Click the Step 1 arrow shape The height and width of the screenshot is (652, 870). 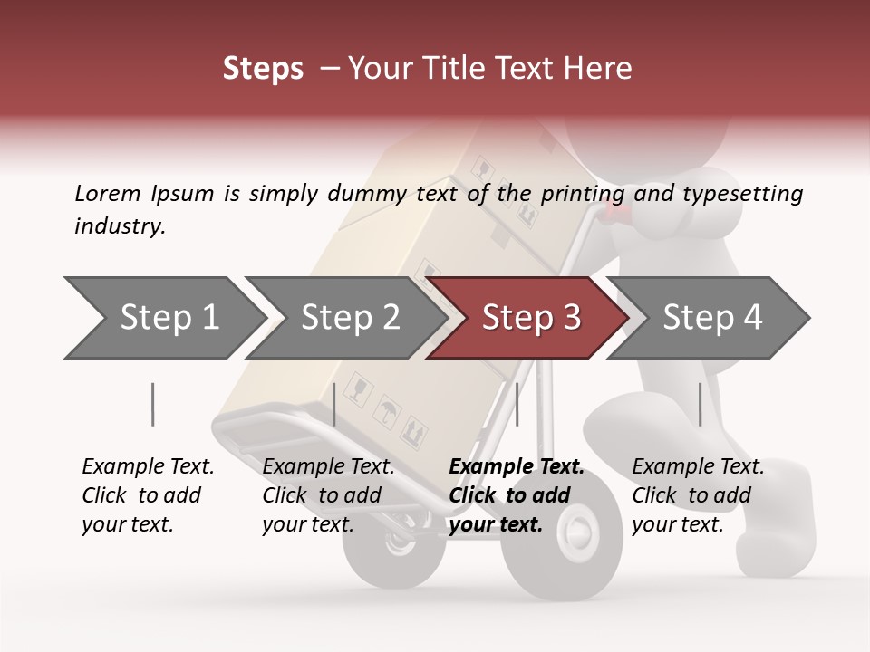(163, 318)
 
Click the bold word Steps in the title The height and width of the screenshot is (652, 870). (263, 68)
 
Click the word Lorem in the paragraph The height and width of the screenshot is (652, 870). (107, 193)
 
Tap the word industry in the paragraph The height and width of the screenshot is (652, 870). (120, 226)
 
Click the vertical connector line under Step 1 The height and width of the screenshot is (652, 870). (153, 404)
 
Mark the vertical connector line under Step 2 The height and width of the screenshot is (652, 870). (334, 404)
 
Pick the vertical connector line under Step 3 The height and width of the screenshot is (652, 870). (517, 404)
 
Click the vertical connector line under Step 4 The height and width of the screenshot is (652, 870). (700, 404)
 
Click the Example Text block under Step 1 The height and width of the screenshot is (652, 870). (148, 495)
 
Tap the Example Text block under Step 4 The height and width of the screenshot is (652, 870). (698, 495)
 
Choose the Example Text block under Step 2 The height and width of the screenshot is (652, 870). (328, 495)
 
